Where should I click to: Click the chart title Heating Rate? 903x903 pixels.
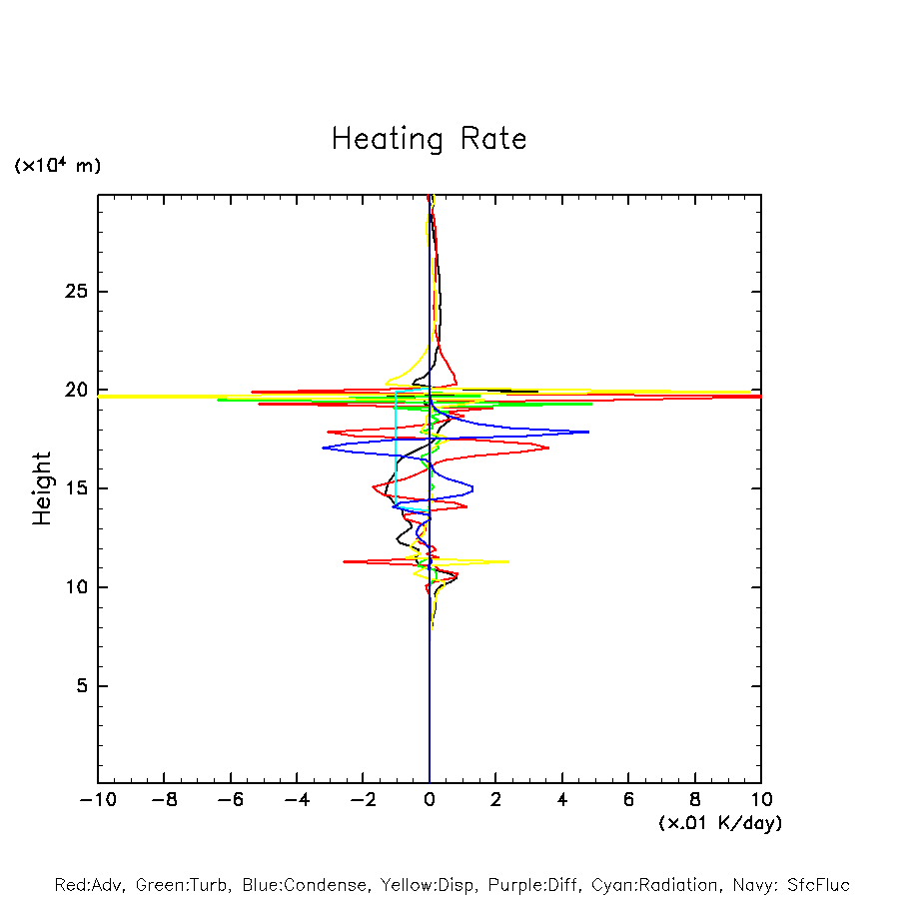click(429, 139)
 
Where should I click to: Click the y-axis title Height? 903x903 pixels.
click(42, 488)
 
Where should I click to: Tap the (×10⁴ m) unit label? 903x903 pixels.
click(58, 166)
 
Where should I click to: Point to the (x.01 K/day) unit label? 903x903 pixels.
click(720, 823)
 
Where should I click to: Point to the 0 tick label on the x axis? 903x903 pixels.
click(430, 800)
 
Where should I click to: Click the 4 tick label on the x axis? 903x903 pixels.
click(562, 800)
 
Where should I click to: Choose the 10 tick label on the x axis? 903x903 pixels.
click(761, 800)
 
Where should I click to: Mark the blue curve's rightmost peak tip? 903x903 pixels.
click(588, 432)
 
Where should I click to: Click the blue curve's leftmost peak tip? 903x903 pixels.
click(324, 448)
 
